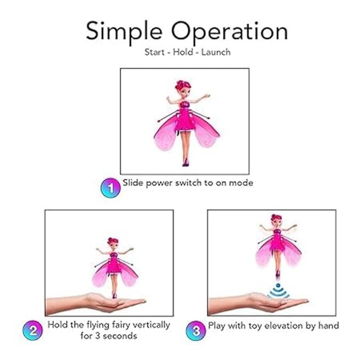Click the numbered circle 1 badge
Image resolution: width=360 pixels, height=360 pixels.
[x=110, y=187]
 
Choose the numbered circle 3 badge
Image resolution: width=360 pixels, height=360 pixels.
[x=195, y=330]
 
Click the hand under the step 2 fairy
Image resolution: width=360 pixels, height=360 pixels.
[x=107, y=303]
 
